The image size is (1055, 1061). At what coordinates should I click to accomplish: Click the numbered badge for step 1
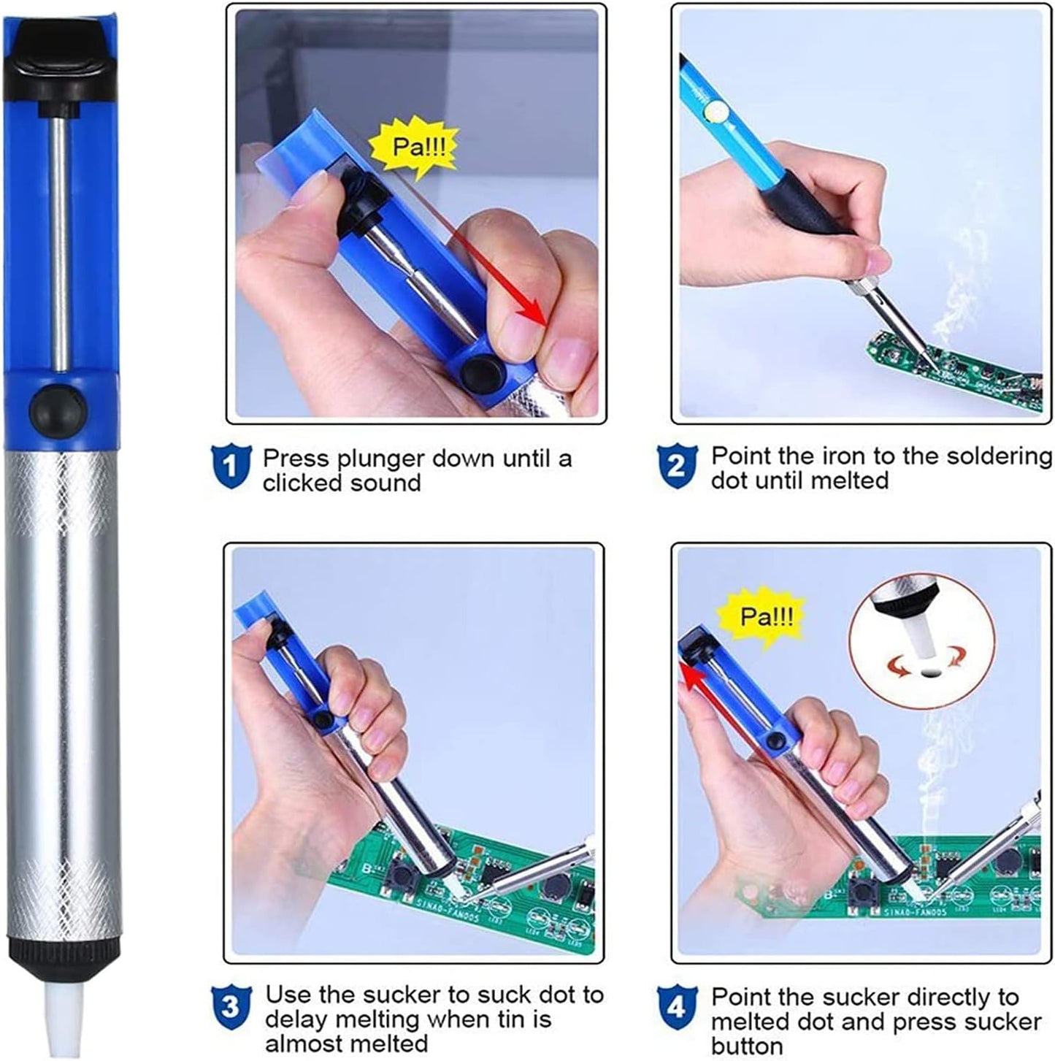click(231, 467)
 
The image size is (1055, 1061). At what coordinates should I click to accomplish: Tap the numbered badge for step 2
click(677, 467)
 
